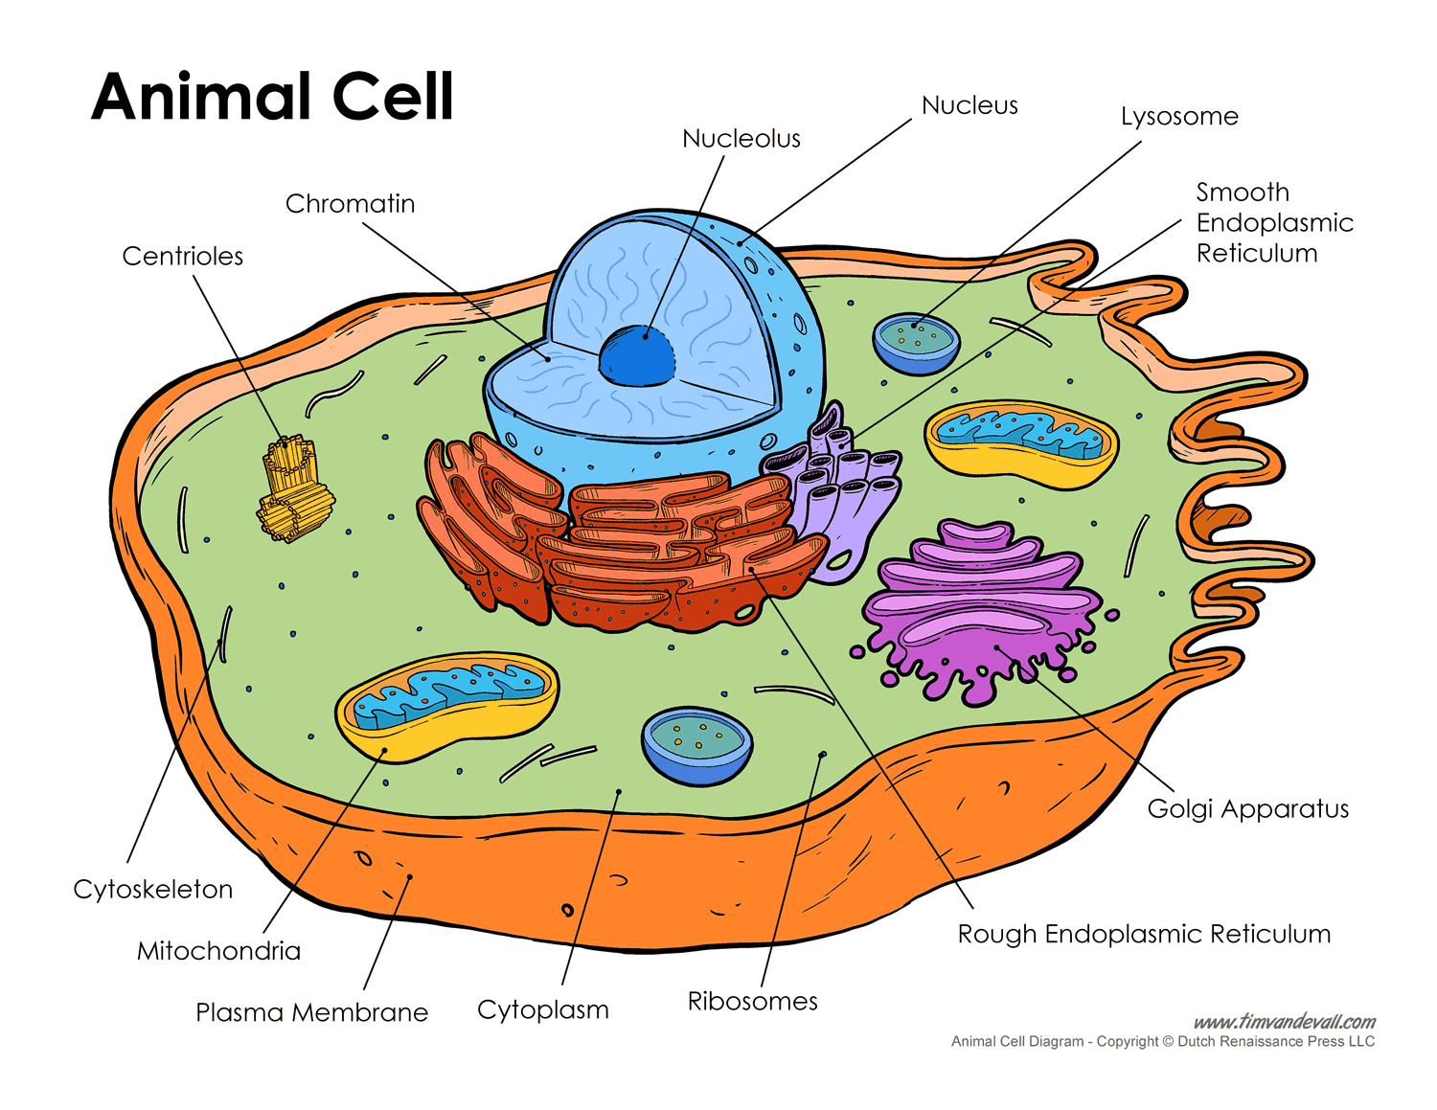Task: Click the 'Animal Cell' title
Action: [272, 97]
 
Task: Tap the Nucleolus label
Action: [741, 139]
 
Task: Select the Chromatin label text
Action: [350, 204]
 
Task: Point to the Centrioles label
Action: [182, 257]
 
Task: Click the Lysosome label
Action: [1179, 117]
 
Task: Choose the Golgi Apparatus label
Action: [1247, 809]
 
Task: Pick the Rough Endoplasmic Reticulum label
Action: [1144, 935]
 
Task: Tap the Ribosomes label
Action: [752, 1002]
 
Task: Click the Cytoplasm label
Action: [542, 1010]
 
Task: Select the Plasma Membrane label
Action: [311, 1013]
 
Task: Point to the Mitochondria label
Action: [218, 951]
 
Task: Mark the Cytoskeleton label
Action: [153, 890]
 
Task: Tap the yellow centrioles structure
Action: [294, 488]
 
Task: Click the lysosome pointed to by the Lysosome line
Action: [916, 342]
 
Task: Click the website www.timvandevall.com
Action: [1284, 1022]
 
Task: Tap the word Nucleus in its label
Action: [969, 105]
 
